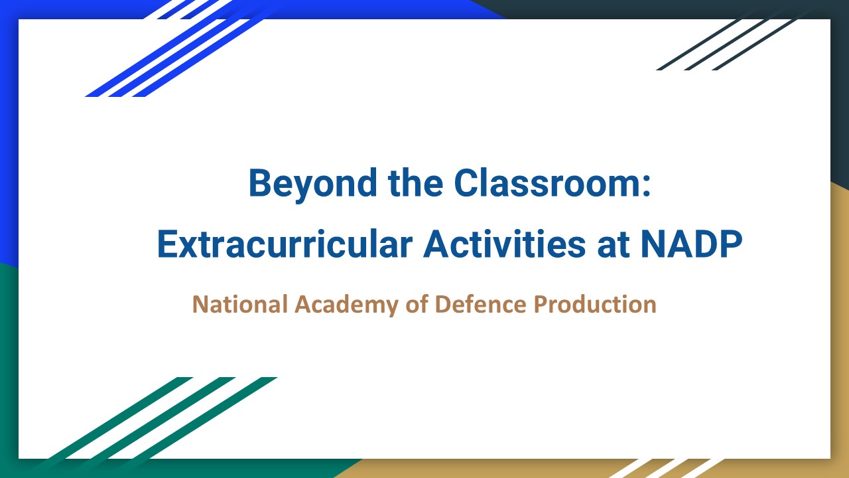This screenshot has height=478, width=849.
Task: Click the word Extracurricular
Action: click(x=285, y=244)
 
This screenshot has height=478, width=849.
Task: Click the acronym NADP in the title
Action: click(x=691, y=244)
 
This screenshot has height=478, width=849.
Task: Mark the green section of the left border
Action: click(x=9, y=365)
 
